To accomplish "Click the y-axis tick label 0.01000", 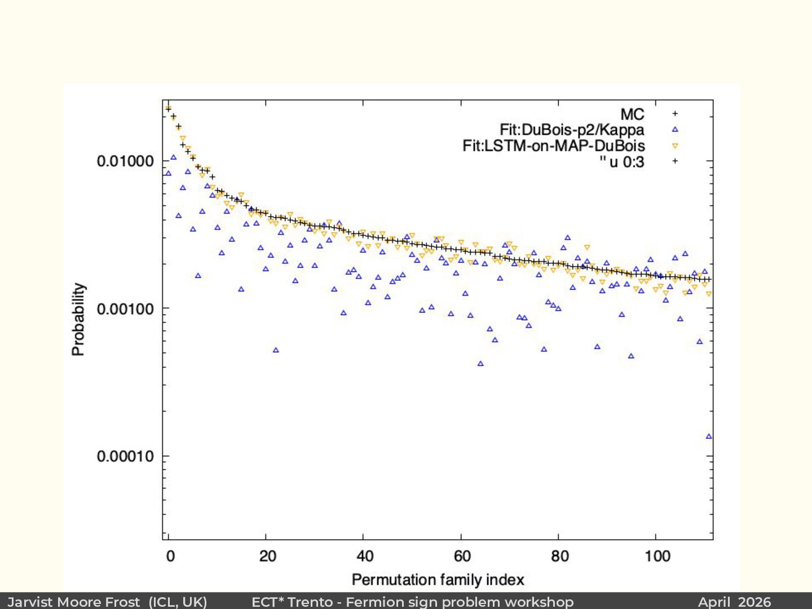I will pos(125,161).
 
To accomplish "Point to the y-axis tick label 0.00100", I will pos(125,309).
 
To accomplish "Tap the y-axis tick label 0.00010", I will pos(125,456).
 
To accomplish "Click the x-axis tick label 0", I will pos(170,557).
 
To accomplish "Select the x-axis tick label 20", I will pos(268,557).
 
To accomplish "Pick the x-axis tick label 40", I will pos(365,557).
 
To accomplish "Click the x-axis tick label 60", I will pos(462,557).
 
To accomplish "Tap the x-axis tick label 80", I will pos(560,557).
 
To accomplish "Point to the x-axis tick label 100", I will pos(657,557).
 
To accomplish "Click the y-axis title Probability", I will pos(78,319).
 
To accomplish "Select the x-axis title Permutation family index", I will pos(438,580).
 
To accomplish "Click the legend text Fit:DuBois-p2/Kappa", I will pos(572,130).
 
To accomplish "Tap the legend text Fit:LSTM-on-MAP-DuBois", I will pos(553,145).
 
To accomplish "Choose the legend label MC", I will pos(632,114).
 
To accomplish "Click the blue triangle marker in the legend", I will pos(675,130).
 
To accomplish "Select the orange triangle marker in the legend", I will pos(675,146).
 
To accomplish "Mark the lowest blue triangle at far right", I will pos(709,436).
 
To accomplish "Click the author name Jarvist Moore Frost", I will pos(74,602).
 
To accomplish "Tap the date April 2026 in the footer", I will pos(734,602).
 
